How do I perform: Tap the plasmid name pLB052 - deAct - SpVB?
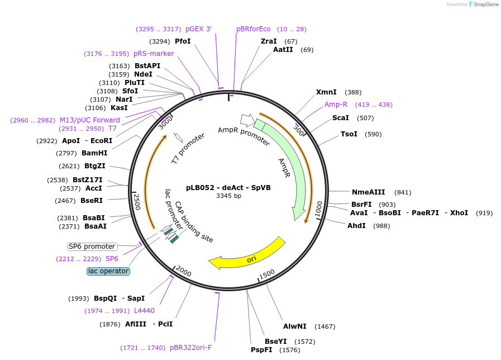(x=228, y=188)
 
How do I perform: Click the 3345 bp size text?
(x=228, y=196)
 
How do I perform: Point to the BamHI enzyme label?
(x=94, y=153)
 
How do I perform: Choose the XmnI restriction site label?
(x=326, y=92)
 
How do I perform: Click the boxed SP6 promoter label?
(x=92, y=247)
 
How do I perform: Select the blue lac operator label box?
(x=108, y=271)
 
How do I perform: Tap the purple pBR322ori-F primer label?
(x=191, y=348)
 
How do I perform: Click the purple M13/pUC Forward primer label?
(x=90, y=120)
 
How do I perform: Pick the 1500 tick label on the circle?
(x=267, y=274)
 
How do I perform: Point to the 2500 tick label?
(x=137, y=202)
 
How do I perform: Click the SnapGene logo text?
(x=486, y=4)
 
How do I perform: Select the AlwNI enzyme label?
(x=294, y=326)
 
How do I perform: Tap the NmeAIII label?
(x=369, y=192)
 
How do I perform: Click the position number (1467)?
(x=325, y=326)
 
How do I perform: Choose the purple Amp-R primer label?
(x=336, y=105)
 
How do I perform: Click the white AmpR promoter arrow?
(x=247, y=120)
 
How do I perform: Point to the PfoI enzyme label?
(x=183, y=41)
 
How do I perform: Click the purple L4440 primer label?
(x=144, y=311)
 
